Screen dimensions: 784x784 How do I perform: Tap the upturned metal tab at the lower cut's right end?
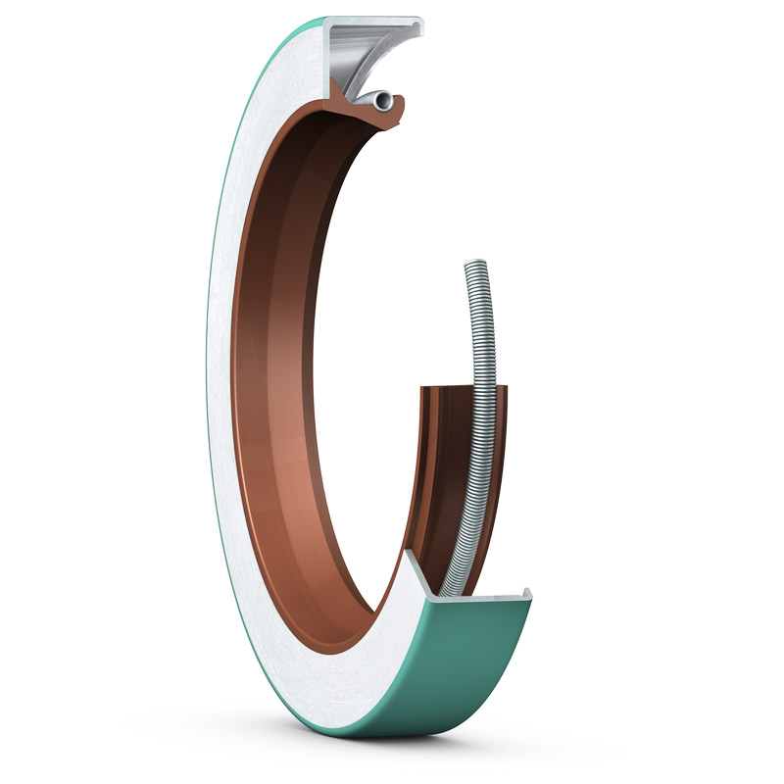(x=527, y=593)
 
